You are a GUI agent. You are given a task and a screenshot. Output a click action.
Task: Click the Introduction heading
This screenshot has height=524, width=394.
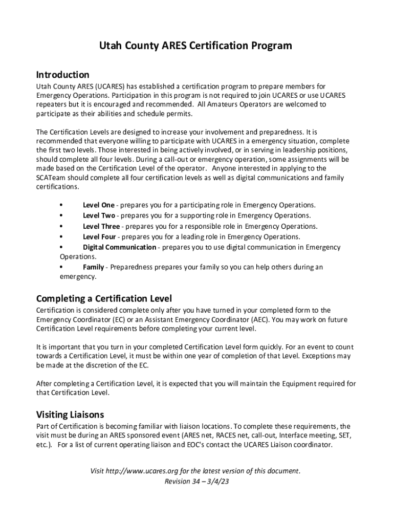coord(62,75)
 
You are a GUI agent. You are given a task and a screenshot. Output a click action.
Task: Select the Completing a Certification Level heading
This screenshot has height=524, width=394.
coord(104,298)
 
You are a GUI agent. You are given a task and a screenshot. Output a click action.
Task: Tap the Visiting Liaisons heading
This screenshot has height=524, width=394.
coord(70,414)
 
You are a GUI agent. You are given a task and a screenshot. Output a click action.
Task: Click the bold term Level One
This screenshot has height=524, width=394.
coord(99,205)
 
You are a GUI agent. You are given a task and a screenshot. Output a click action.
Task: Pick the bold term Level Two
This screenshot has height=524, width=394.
coord(99,215)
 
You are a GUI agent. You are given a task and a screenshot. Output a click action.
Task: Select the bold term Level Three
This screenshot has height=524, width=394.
coord(101,226)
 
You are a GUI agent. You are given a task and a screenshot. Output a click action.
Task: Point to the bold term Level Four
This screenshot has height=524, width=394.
coord(99,236)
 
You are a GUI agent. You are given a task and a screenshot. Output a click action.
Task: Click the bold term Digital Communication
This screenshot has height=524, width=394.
coord(119,247)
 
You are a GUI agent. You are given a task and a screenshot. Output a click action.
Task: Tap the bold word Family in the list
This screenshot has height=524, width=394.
coord(94,267)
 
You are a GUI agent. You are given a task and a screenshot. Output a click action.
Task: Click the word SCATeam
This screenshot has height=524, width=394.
coord(52,178)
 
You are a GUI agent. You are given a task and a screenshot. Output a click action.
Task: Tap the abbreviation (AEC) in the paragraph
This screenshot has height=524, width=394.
coord(261,320)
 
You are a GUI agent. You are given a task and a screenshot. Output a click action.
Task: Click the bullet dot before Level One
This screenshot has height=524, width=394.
coord(62,205)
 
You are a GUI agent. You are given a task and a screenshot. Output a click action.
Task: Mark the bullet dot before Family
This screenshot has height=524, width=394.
coord(62,267)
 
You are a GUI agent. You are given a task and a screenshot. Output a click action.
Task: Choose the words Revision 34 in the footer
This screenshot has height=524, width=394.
coord(181,482)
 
